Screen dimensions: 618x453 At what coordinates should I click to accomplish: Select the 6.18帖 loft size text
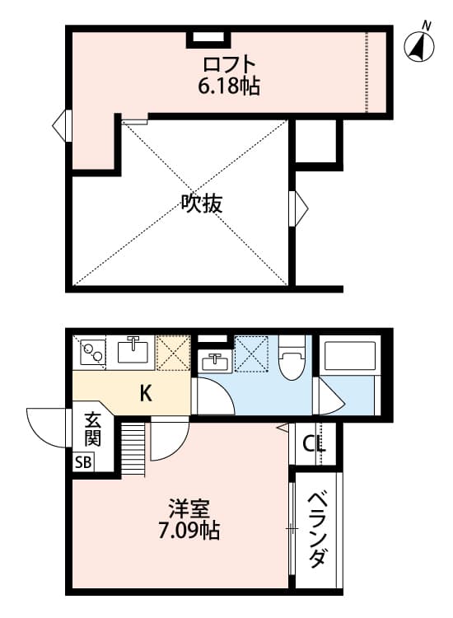(x=229, y=85)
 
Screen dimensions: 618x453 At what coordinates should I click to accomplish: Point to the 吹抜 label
(x=202, y=204)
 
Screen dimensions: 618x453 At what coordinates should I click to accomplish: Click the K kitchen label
(x=145, y=393)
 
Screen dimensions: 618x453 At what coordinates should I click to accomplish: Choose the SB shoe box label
(x=84, y=461)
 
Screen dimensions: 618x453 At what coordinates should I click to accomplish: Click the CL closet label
(x=314, y=444)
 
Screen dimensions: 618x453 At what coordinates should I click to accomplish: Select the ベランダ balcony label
(x=316, y=531)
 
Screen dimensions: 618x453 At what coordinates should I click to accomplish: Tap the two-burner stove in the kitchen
(x=91, y=352)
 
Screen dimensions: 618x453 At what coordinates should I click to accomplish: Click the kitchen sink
(x=134, y=351)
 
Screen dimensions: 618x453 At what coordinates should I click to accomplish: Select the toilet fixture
(x=291, y=359)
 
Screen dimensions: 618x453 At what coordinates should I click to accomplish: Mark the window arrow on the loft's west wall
(x=59, y=126)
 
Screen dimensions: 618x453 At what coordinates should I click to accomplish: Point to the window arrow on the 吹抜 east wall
(x=300, y=202)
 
